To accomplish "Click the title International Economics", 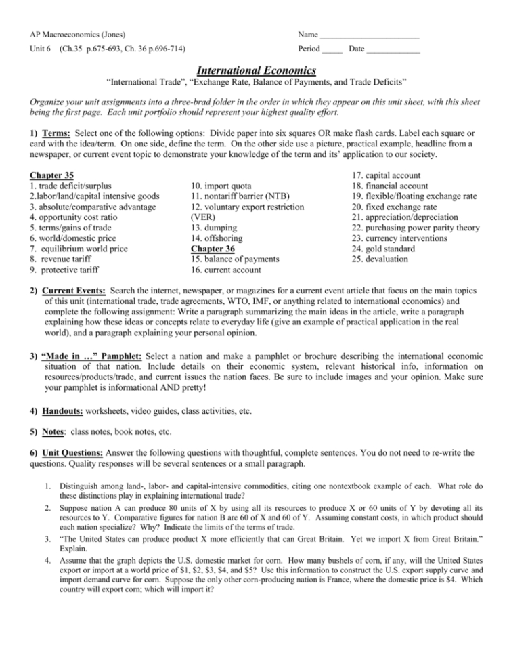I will point(253,70).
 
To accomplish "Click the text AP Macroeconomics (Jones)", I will point(76,34).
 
